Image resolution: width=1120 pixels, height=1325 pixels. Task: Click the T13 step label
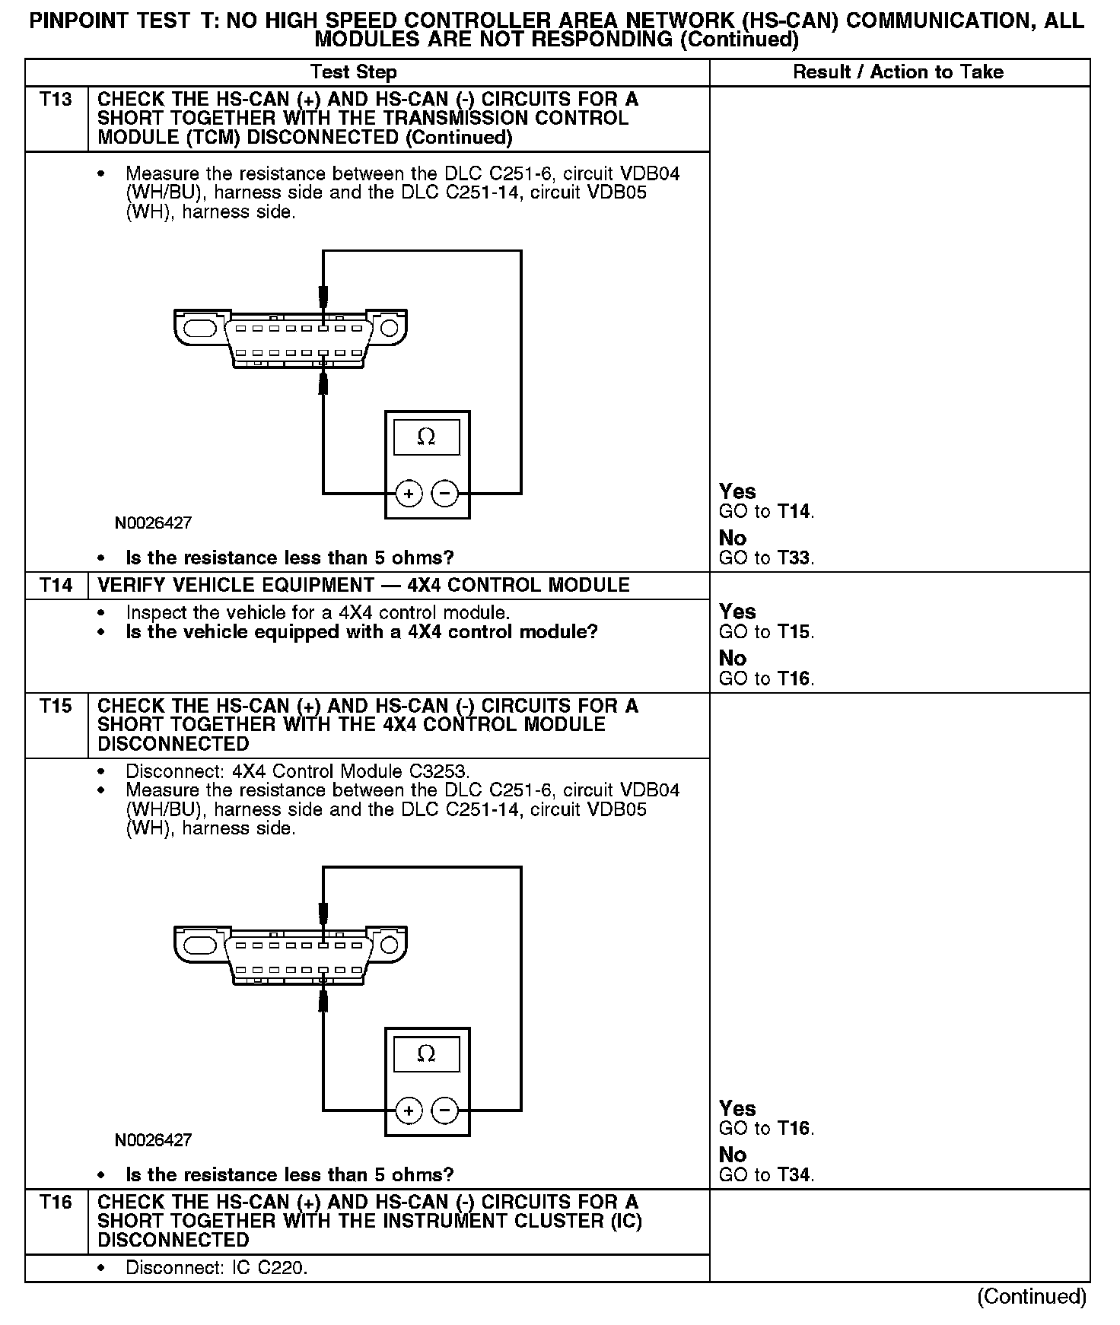[x=56, y=100]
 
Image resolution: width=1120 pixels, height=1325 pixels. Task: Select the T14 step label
[x=56, y=585]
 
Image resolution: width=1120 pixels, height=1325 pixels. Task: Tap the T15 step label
[x=56, y=706]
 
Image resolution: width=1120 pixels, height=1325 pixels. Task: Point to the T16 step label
[x=56, y=1202]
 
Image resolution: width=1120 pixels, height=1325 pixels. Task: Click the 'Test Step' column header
[x=353, y=72]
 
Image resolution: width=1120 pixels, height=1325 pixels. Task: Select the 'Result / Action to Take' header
[x=898, y=72]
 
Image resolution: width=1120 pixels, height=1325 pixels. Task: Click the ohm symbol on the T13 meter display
[x=426, y=437]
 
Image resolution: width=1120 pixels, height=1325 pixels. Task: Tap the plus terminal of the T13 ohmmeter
[x=409, y=494]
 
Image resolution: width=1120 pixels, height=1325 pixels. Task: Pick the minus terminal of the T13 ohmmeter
[x=445, y=494]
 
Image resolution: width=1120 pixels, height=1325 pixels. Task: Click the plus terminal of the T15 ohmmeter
[x=409, y=1111]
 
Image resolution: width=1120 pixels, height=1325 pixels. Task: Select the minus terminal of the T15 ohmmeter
[x=445, y=1111]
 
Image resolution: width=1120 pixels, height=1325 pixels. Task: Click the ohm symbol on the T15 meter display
[x=426, y=1054]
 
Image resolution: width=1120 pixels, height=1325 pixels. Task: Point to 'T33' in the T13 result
[x=794, y=558]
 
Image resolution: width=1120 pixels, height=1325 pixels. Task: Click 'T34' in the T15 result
[x=794, y=1175]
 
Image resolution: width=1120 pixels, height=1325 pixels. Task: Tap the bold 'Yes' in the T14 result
[x=737, y=612]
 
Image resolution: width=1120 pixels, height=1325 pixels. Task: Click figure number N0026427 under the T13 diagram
[x=153, y=523]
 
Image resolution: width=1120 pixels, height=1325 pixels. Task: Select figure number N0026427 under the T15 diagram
[x=153, y=1140]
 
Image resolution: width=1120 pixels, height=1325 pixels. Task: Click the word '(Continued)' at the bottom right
[x=1031, y=1296]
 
